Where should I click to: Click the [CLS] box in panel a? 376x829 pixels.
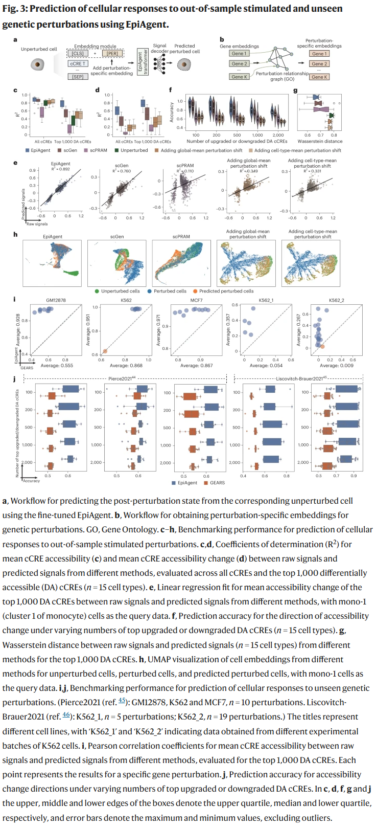pyautogui.click(x=78, y=53)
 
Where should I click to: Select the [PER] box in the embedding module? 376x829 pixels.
pyautogui.click(x=112, y=53)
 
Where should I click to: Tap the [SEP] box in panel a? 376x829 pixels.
pyautogui.click(x=78, y=77)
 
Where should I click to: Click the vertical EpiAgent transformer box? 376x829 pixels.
pyautogui.click(x=145, y=62)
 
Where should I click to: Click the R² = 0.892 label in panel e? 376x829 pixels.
pyautogui.click(x=61, y=169)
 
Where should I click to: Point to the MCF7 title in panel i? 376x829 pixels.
pyautogui.click(x=196, y=300)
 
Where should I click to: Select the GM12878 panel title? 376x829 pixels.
pyautogui.click(x=56, y=300)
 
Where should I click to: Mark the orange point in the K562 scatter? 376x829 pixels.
pyautogui.click(x=105, y=351)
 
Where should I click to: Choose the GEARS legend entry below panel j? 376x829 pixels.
pyautogui.click(x=214, y=482)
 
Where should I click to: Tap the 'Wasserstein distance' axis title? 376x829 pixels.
pyautogui.click(x=320, y=141)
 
